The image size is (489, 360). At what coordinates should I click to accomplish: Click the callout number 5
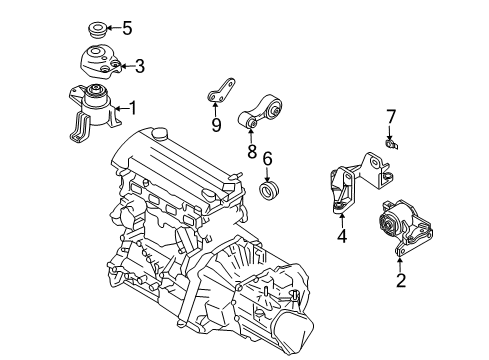click(x=127, y=28)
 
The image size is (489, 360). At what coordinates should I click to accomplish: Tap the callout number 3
click(x=139, y=66)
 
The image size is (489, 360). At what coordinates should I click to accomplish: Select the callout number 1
click(x=133, y=108)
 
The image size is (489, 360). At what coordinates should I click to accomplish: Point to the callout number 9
click(x=216, y=125)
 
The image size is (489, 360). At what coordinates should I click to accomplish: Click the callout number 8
click(x=252, y=151)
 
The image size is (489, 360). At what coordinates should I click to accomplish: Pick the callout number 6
click(x=267, y=159)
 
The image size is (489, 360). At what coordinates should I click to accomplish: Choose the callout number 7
click(x=391, y=117)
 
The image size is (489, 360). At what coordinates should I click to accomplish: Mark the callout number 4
click(x=342, y=236)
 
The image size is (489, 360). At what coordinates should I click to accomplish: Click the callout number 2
click(x=401, y=280)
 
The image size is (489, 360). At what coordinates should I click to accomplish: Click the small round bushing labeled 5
click(x=97, y=30)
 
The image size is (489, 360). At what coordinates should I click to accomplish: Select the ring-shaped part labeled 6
click(x=269, y=191)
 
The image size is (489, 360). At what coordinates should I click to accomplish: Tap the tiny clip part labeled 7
click(x=391, y=144)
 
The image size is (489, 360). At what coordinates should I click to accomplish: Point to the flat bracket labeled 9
click(x=221, y=91)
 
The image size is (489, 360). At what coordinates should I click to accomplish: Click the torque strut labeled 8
click(x=261, y=112)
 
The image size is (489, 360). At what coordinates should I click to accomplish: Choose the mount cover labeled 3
click(x=100, y=62)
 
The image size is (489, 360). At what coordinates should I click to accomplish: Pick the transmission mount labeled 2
click(x=406, y=228)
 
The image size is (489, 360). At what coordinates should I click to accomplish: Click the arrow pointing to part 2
click(x=400, y=265)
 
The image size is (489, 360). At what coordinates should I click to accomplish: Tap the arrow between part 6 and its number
click(x=267, y=174)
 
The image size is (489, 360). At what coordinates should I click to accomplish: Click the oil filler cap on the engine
click(x=159, y=133)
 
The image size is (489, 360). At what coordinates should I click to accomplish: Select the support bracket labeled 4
click(x=358, y=182)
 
